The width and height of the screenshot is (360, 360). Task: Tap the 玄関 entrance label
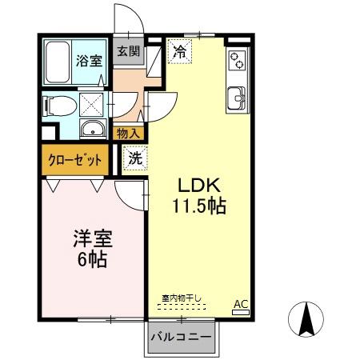(x=128, y=51)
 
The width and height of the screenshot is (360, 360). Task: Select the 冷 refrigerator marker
(x=181, y=52)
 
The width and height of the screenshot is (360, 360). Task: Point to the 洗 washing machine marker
(x=135, y=158)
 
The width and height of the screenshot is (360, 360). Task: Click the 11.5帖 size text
(x=198, y=206)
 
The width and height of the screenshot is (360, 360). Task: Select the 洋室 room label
(x=92, y=238)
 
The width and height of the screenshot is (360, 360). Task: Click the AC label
(x=240, y=304)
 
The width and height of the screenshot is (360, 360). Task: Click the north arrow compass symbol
(x=305, y=321)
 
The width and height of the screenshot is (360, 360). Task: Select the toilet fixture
(x=58, y=105)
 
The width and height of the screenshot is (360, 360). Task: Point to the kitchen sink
(x=238, y=97)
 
